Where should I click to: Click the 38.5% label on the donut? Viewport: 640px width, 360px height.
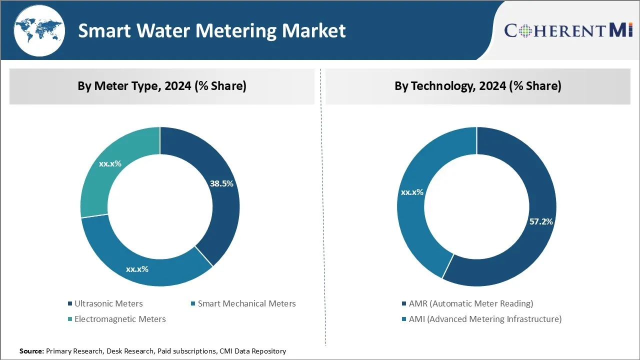221,183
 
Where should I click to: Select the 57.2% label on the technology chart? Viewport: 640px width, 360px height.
541,221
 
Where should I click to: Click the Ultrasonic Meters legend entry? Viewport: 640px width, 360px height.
108,303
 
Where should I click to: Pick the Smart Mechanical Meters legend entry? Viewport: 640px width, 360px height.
246,303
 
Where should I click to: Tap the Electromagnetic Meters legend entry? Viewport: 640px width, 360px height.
120,319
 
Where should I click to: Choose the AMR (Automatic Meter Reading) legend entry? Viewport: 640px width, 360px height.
470,303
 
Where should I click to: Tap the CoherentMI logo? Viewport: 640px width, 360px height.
568,30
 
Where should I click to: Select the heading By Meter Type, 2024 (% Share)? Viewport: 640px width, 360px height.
161,86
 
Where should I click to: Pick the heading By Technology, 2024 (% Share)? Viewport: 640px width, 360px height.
477,86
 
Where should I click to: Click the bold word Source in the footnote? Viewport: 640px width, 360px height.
31,351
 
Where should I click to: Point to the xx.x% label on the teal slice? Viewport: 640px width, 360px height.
110,163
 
